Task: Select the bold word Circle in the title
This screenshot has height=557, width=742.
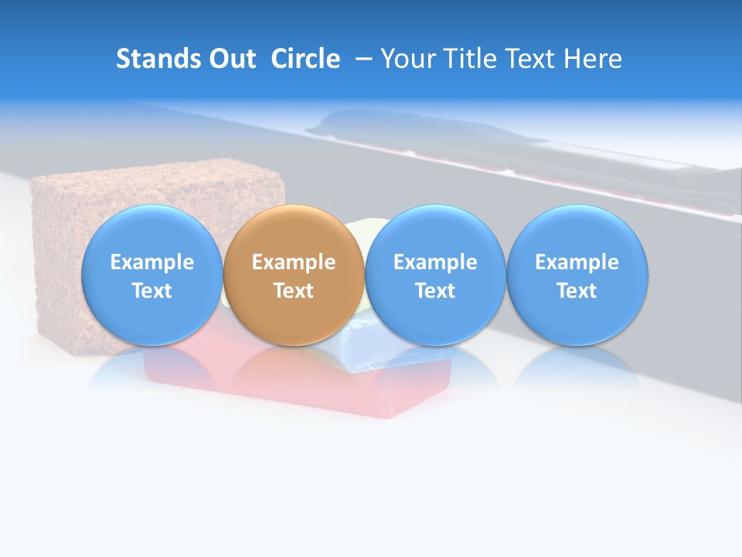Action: pos(305,59)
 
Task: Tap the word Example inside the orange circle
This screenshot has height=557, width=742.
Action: pos(294,262)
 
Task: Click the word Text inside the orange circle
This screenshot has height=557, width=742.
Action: pos(294,291)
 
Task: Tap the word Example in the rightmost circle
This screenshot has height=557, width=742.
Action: pos(577,262)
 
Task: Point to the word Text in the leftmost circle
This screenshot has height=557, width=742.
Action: pos(151,291)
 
